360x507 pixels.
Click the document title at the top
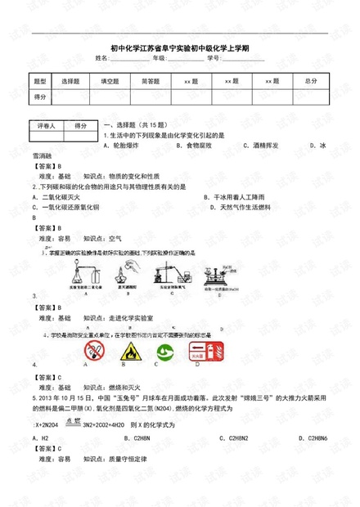pyautogui.click(x=179, y=47)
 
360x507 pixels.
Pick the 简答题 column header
pyautogui.click(x=151, y=82)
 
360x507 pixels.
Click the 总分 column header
pyautogui.click(x=310, y=82)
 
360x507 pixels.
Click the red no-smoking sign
pyautogui.click(x=95, y=352)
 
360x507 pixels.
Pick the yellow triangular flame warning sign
pyautogui.click(x=128, y=352)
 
